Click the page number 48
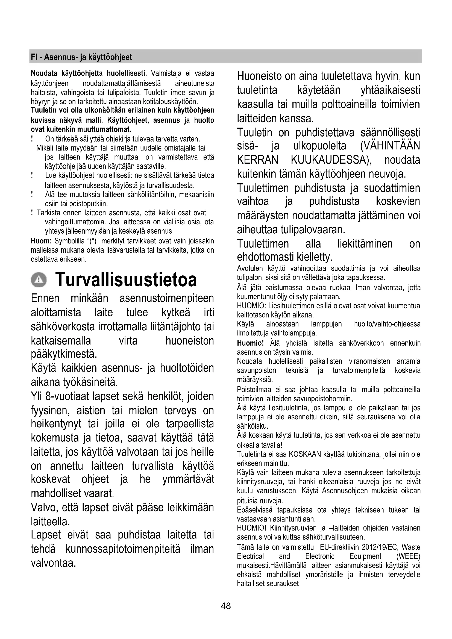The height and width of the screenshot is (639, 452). [x=226, y=606]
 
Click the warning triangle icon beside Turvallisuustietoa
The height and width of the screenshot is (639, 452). [x=39, y=279]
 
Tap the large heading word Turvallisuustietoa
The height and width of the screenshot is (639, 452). [x=126, y=279]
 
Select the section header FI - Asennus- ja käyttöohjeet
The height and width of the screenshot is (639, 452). [x=81, y=57]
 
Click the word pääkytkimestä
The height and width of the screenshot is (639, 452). [x=64, y=354]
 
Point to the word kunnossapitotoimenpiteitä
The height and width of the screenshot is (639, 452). [x=123, y=549]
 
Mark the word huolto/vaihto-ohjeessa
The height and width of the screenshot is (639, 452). [x=387, y=324]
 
